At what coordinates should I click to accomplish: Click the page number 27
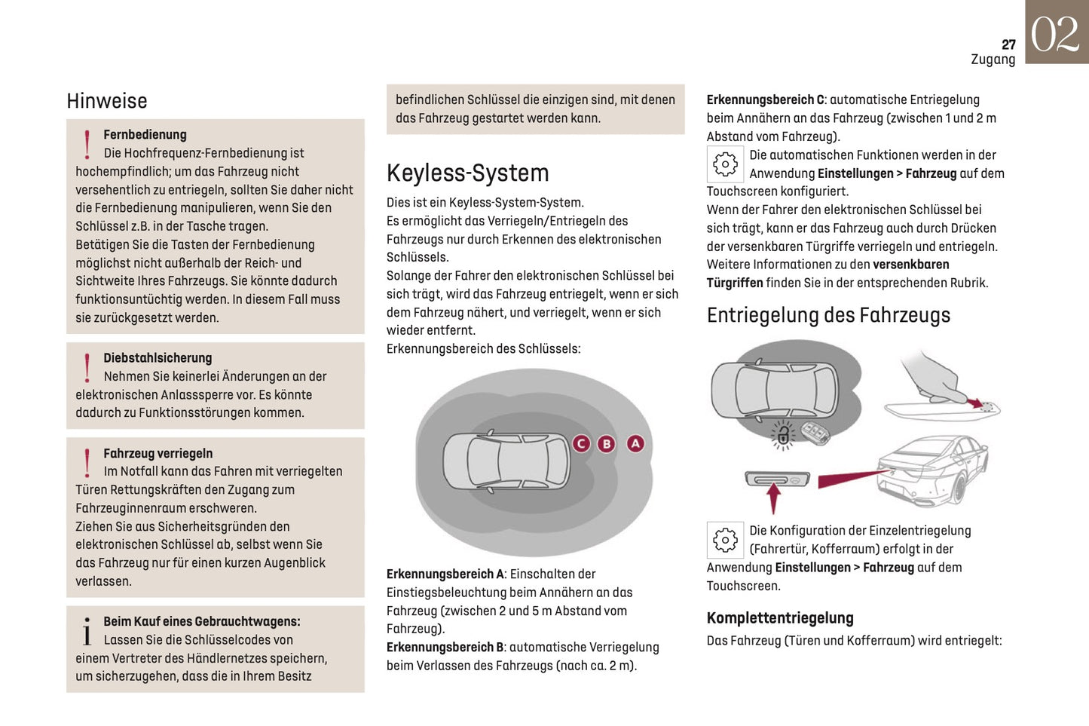[x=1008, y=44]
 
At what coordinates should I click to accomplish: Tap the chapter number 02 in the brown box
[x=1055, y=34]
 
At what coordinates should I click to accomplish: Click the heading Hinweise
[x=107, y=101]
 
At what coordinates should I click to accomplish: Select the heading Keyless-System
[x=467, y=173]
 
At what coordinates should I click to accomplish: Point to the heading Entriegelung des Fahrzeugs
[x=828, y=315]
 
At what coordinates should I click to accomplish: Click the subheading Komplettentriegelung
[x=780, y=618]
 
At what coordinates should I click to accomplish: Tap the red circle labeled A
[x=635, y=443]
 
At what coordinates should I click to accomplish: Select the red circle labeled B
[x=607, y=443]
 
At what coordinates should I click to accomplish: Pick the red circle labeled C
[x=580, y=443]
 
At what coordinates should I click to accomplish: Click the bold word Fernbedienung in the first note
[x=145, y=135]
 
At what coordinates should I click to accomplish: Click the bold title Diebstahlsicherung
[x=158, y=358]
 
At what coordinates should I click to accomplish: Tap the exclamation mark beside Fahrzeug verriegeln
[x=87, y=463]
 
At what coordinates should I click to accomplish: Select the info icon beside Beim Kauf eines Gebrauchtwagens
[x=87, y=632]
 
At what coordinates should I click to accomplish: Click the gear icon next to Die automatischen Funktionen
[x=725, y=164]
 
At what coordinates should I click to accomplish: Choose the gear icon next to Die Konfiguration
[x=725, y=540]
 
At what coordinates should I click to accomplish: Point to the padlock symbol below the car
[x=784, y=434]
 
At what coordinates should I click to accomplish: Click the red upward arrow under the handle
[x=773, y=498]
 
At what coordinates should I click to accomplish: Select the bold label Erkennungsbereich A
[x=445, y=574]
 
